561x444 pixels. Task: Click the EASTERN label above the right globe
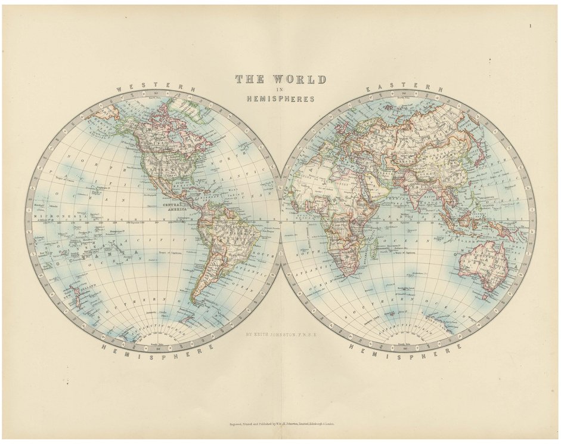tap(404, 88)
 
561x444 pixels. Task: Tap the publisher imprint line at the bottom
tap(280, 424)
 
